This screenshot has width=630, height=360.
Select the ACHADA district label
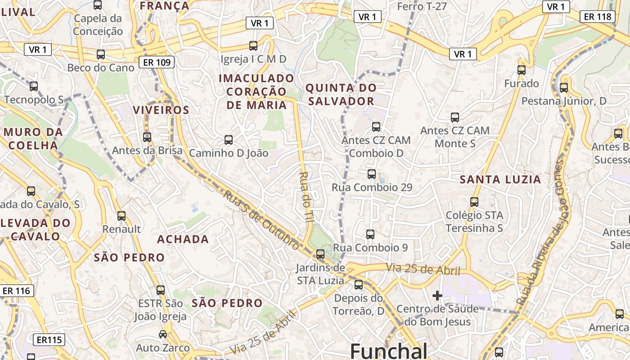click(x=183, y=239)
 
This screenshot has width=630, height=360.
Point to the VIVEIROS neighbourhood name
click(x=161, y=110)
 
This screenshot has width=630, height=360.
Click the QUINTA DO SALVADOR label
click(x=341, y=94)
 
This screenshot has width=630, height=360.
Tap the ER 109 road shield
click(x=157, y=62)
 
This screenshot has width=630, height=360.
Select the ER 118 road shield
click(x=598, y=17)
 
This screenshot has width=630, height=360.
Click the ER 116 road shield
click(x=16, y=291)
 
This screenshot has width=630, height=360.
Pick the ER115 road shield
click(x=49, y=340)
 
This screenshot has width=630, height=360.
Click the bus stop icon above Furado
click(x=522, y=70)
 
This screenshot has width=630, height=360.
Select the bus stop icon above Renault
click(x=121, y=216)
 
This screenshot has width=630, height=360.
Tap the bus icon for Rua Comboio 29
click(x=372, y=174)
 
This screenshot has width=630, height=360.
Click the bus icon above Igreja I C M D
click(x=253, y=46)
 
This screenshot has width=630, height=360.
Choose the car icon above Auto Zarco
click(x=163, y=334)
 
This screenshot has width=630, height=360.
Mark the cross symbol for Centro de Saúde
click(x=437, y=296)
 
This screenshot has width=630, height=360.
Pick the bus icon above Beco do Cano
click(x=101, y=54)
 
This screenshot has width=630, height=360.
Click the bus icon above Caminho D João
click(x=229, y=140)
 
